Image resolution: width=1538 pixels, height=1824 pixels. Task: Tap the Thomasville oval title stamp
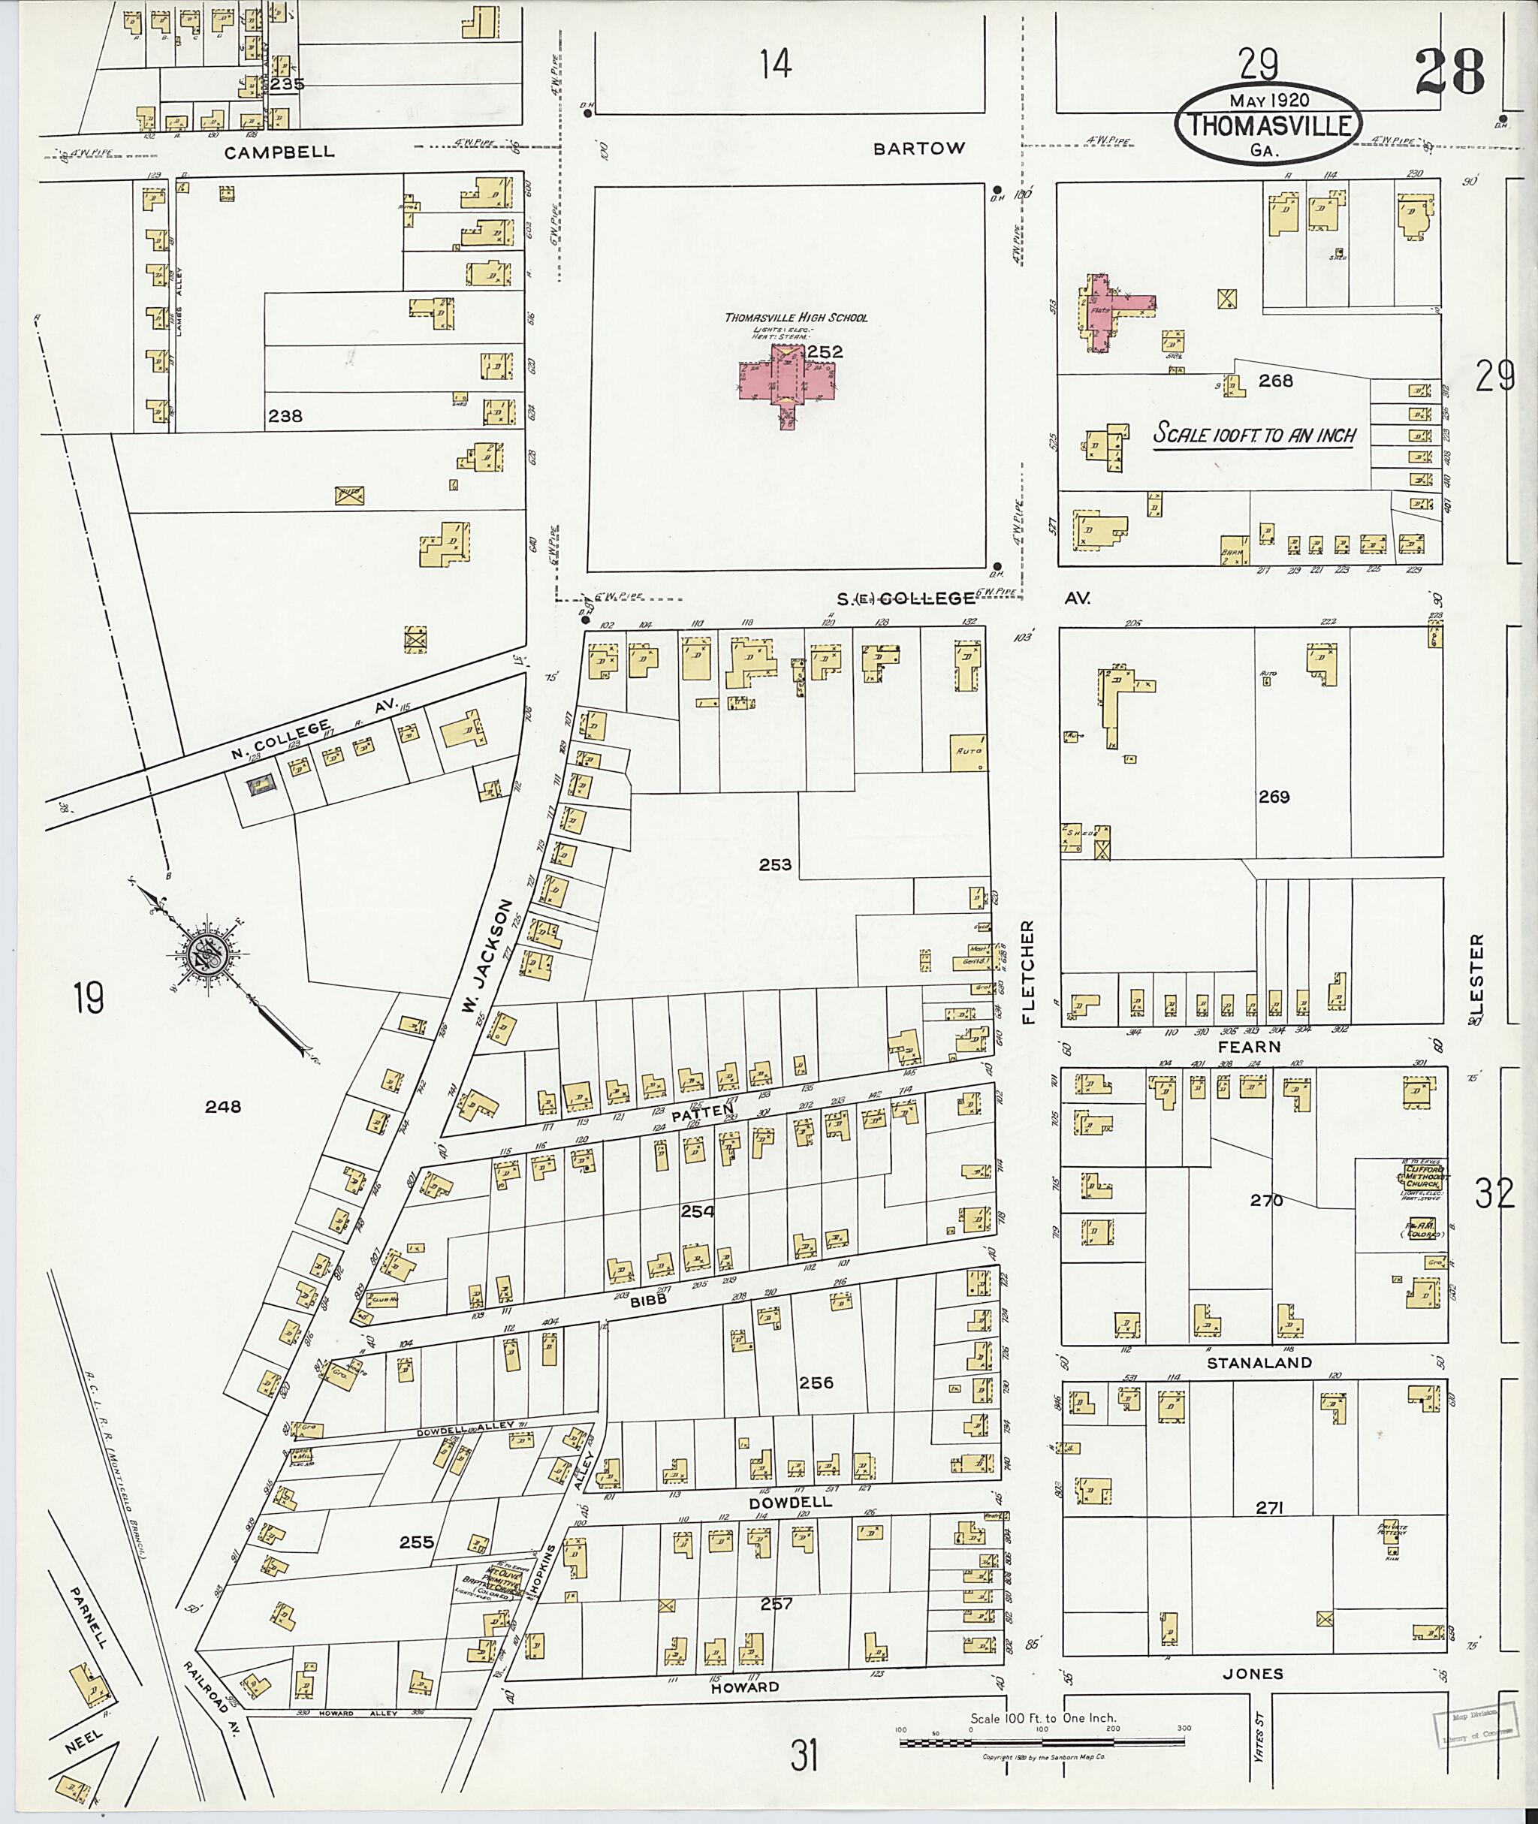pyautogui.click(x=1265, y=125)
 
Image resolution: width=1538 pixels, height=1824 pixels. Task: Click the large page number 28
pyautogui.click(x=1449, y=74)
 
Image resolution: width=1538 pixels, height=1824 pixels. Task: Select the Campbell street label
pyautogui.click(x=279, y=152)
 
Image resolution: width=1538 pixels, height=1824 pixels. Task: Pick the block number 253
pyautogui.click(x=774, y=865)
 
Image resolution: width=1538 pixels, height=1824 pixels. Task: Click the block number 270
pyautogui.click(x=1266, y=1201)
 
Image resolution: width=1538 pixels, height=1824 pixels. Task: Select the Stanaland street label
pyautogui.click(x=1258, y=1363)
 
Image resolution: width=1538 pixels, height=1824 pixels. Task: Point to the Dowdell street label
pyautogui.click(x=790, y=1503)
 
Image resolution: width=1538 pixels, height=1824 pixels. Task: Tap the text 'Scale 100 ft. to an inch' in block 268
pyautogui.click(x=1254, y=434)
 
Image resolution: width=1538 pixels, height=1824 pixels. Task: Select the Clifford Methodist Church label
pyautogui.click(x=1418, y=1176)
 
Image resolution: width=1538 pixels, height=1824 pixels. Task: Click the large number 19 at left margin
pyautogui.click(x=89, y=998)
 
